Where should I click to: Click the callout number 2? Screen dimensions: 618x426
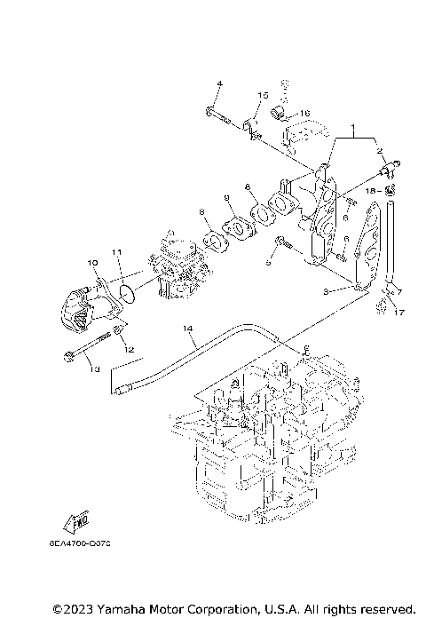pos(380,152)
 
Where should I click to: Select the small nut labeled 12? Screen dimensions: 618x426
pos(116,335)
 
